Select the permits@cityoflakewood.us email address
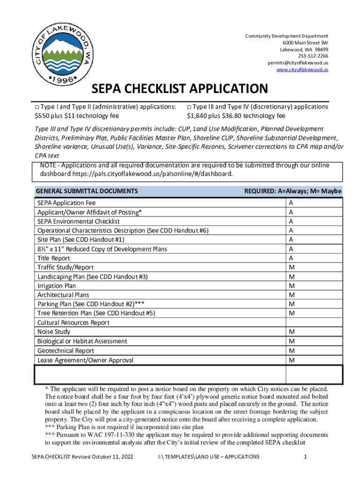[x=297, y=63]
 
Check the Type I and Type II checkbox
[x=37, y=107]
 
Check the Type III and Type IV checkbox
[x=189, y=107]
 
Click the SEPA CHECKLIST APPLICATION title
[x=180, y=88]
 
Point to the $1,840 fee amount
[x=197, y=116]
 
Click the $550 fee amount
[x=43, y=116]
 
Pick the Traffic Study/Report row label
[x=65, y=268]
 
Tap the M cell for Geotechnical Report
[x=291, y=351]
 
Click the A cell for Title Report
[x=291, y=258]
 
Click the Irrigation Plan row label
[x=57, y=286]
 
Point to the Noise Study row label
[x=54, y=332]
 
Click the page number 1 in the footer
[x=304, y=457]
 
